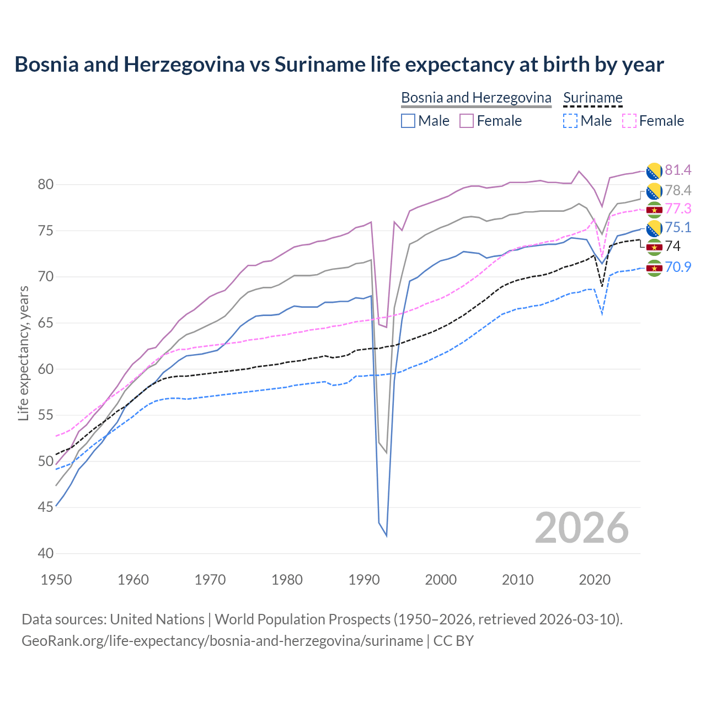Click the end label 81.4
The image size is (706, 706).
pyautogui.click(x=678, y=170)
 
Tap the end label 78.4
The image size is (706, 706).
pyautogui.click(x=678, y=191)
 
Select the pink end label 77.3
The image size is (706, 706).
pyautogui.click(x=678, y=209)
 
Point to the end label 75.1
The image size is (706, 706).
pyautogui.click(x=678, y=228)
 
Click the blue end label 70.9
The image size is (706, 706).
pyautogui.click(x=678, y=268)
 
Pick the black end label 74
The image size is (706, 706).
pyautogui.click(x=673, y=246)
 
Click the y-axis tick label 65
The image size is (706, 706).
pyautogui.click(x=46, y=323)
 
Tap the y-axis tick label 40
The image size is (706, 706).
pyautogui.click(x=46, y=553)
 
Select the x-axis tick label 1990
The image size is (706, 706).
pyautogui.click(x=364, y=580)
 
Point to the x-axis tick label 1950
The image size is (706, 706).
pyautogui.click(x=56, y=580)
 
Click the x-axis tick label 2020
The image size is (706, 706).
pyautogui.click(x=595, y=580)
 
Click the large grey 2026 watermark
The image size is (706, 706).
pyautogui.click(x=582, y=528)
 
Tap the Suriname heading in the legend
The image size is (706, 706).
pyautogui.click(x=592, y=98)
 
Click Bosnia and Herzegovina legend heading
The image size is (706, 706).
pyautogui.click(x=476, y=98)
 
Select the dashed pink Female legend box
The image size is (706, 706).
pyautogui.click(x=629, y=121)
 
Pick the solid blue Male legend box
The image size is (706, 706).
pyautogui.click(x=408, y=121)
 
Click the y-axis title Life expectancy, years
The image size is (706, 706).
pyautogui.click(x=24, y=353)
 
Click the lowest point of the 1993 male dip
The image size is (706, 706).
pyautogui.click(x=386, y=536)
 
